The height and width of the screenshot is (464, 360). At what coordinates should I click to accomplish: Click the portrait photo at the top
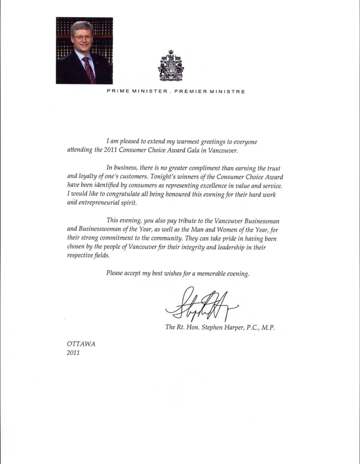(x=84, y=50)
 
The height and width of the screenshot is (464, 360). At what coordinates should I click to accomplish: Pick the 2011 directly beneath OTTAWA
(x=75, y=353)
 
